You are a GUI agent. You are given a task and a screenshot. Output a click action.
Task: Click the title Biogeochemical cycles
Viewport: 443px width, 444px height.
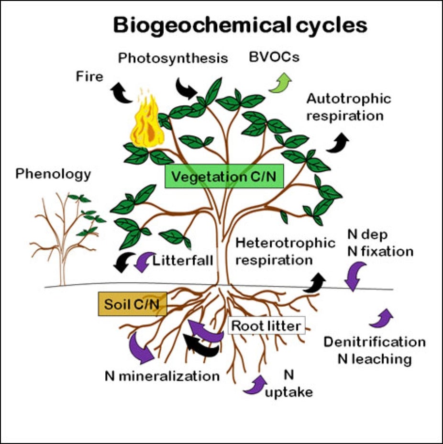click(240, 25)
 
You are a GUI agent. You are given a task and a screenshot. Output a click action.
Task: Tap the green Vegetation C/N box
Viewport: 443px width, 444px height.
click(224, 177)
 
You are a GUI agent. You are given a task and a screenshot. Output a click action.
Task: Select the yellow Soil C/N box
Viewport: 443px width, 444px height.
click(132, 303)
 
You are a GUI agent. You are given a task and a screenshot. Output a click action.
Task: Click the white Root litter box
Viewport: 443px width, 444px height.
click(266, 326)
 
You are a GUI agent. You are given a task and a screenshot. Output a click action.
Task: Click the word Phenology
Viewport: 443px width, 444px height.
click(53, 174)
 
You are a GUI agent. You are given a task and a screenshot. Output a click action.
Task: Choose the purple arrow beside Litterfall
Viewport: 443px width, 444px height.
click(143, 262)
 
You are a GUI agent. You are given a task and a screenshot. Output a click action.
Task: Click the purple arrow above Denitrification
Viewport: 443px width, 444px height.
click(381, 319)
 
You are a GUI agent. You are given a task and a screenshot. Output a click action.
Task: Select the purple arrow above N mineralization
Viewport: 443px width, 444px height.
click(142, 346)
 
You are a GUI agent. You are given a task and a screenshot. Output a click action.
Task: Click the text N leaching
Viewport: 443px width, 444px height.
click(375, 359)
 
